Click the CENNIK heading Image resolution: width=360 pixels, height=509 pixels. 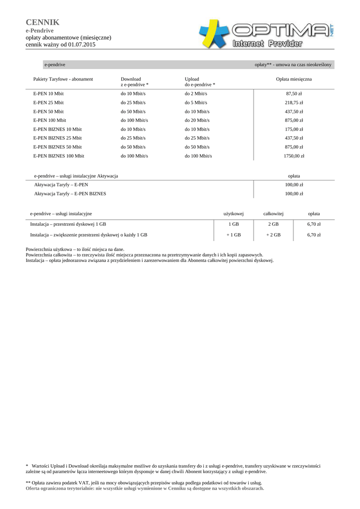pyautogui.click(x=42, y=22)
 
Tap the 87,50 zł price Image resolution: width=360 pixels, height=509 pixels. pyautogui.click(x=294, y=93)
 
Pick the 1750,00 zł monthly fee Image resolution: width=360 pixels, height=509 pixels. pyautogui.click(x=294, y=156)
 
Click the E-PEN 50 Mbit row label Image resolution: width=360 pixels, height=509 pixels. pyautogui.click(x=48, y=111)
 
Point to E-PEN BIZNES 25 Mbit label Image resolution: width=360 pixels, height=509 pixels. pyautogui.click(x=57, y=138)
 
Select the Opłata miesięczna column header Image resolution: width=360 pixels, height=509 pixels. pyautogui.click(x=294, y=79)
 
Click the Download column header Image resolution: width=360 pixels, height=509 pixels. pyautogui.click(x=131, y=79)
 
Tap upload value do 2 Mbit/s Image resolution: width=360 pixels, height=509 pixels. pyautogui.click(x=196, y=93)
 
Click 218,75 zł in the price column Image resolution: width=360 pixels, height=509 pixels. pyautogui.click(x=294, y=102)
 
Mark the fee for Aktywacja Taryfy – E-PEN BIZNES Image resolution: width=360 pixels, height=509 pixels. pyautogui.click(x=294, y=194)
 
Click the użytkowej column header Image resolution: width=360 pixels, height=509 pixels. pyautogui.click(x=233, y=214)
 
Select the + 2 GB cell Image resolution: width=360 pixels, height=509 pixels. pyautogui.click(x=273, y=235)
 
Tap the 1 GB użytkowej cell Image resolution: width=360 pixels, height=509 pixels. pyautogui.click(x=233, y=224)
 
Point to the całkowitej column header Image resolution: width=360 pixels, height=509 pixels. pyautogui.click(x=273, y=214)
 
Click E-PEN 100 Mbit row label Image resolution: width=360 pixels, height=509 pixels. pyautogui.click(x=49, y=120)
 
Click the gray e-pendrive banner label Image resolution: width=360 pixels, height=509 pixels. pyautogui.click(x=55, y=65)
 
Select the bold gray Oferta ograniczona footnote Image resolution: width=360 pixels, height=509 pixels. pyautogui.click(x=145, y=488)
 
